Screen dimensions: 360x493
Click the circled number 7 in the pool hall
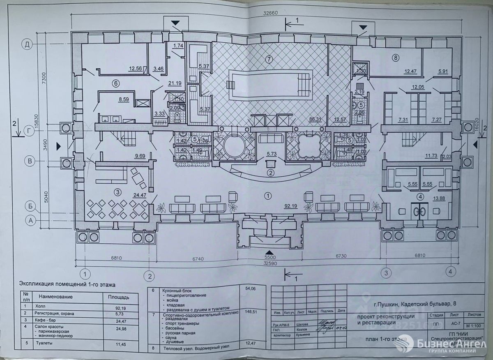coord(269,59)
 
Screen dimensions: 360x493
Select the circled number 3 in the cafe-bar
coord(117,192)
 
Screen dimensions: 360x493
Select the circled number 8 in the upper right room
coord(395,58)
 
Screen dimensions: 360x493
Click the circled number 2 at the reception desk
coord(270,173)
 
